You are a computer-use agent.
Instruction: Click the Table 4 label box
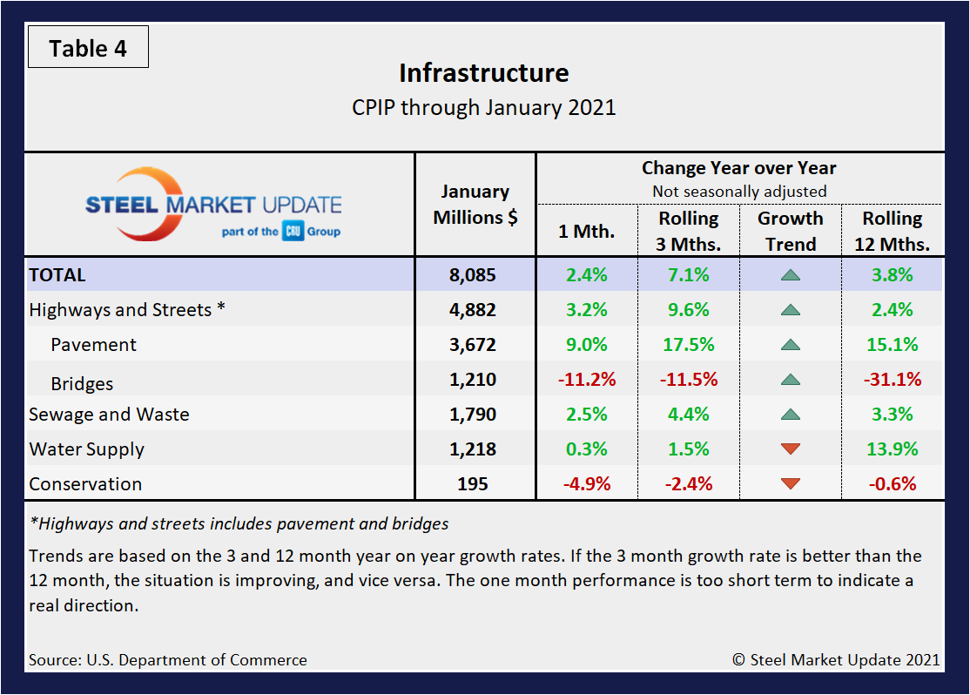click(x=88, y=48)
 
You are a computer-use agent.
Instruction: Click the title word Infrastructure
click(x=484, y=73)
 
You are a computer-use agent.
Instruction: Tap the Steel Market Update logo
click(x=213, y=206)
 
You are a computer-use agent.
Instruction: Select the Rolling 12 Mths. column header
click(x=892, y=231)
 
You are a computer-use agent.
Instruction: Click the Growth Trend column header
click(x=791, y=231)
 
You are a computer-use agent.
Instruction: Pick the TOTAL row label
click(x=57, y=275)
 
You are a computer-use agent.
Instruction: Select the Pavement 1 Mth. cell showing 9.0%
click(x=586, y=345)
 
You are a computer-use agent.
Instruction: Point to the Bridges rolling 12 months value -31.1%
click(x=892, y=380)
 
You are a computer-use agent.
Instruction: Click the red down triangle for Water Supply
click(x=791, y=449)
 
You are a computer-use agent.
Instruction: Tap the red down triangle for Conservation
click(x=791, y=484)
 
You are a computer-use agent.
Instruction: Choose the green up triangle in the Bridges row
click(x=791, y=380)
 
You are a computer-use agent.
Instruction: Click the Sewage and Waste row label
click(x=109, y=415)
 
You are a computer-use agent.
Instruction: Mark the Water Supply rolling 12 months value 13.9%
click(x=892, y=449)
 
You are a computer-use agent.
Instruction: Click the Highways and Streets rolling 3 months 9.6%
click(x=688, y=310)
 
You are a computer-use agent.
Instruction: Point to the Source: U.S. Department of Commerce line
click(x=168, y=659)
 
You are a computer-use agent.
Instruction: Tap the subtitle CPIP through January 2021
click(x=484, y=108)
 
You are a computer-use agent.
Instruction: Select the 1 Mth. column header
click(x=586, y=233)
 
